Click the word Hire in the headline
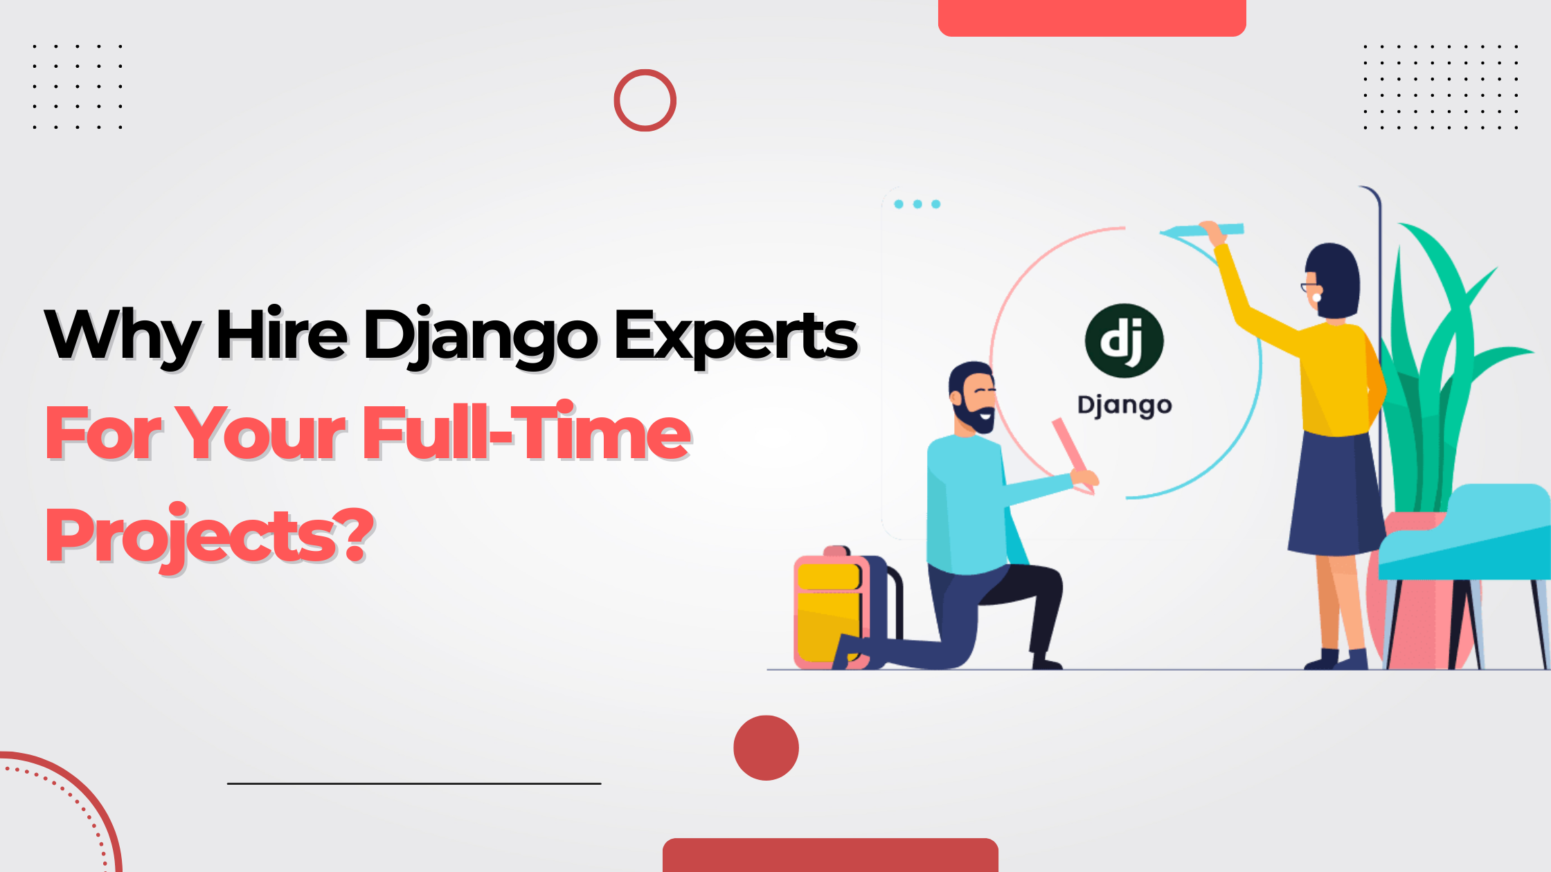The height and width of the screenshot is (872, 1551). [x=281, y=333]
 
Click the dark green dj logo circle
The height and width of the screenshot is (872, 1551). [x=1124, y=341]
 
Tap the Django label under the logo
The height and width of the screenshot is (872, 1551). [x=1124, y=406]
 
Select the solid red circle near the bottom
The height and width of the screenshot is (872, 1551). [x=766, y=748]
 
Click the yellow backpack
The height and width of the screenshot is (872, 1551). [x=831, y=609]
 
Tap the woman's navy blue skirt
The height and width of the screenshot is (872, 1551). [x=1333, y=493]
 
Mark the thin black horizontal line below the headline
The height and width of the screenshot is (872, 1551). [x=414, y=783]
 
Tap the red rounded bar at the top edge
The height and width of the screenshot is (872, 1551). [x=1092, y=18]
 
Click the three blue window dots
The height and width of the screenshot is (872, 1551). [x=917, y=204]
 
